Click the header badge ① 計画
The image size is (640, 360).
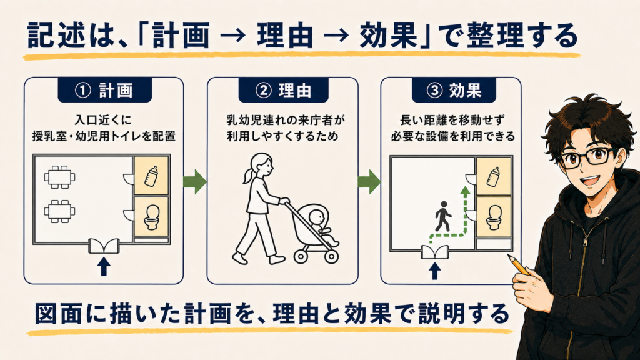[x=104, y=90]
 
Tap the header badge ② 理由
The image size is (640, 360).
[x=283, y=90]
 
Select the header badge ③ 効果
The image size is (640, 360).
[x=454, y=90]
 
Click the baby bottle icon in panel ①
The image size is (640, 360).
[x=151, y=176]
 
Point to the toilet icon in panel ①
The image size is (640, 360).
[x=152, y=217]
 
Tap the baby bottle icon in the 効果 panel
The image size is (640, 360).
[x=494, y=177]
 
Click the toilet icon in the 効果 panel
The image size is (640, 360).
[x=494, y=217]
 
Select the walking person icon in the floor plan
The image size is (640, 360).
[x=442, y=216]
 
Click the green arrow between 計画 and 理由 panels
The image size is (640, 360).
[x=195, y=182]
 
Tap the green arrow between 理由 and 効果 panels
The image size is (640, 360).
[x=369, y=182]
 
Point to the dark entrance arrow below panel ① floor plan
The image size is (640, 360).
[x=104, y=266]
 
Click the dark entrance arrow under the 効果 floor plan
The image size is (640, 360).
[x=435, y=271]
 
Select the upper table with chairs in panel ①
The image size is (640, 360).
[x=59, y=177]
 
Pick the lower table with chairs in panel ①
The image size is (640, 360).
[x=59, y=211]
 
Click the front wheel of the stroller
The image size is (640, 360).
[x=332, y=257]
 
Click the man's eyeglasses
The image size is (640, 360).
[x=587, y=157]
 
